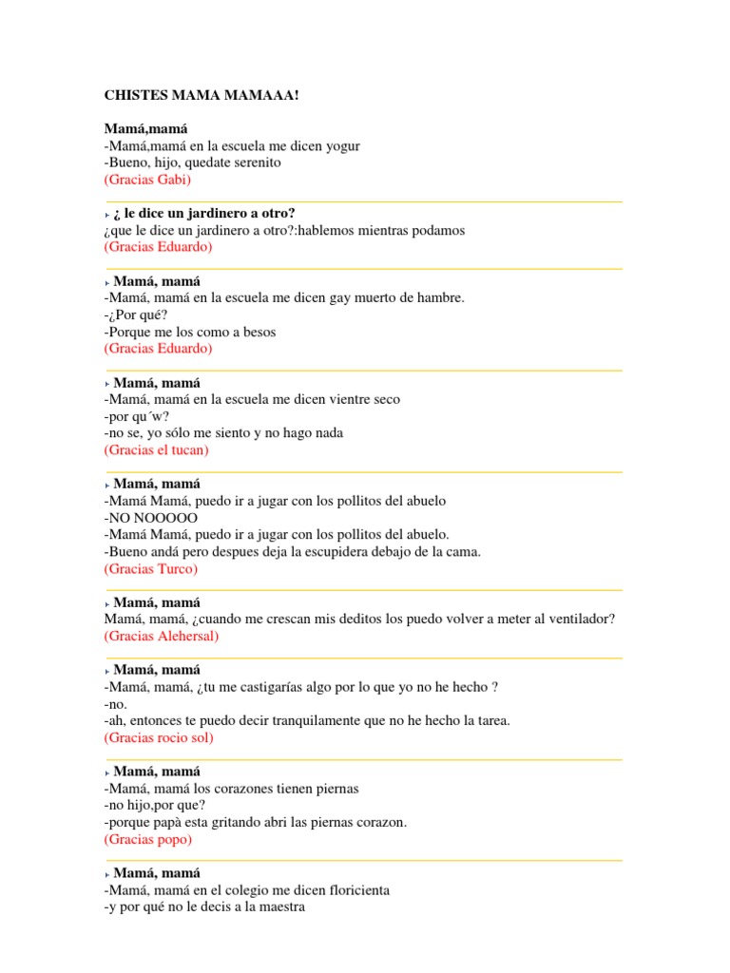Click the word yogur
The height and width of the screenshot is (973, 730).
coord(342,145)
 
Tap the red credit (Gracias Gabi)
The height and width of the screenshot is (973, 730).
coord(147,180)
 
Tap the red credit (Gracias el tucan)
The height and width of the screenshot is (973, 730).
coord(156,449)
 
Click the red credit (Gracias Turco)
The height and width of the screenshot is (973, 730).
coord(150,569)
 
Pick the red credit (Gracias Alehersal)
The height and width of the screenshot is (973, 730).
coord(161,637)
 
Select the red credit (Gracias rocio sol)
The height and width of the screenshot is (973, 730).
coord(159,738)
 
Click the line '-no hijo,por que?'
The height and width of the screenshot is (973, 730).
coord(154,806)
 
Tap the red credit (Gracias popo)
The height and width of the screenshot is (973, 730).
coord(147,840)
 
